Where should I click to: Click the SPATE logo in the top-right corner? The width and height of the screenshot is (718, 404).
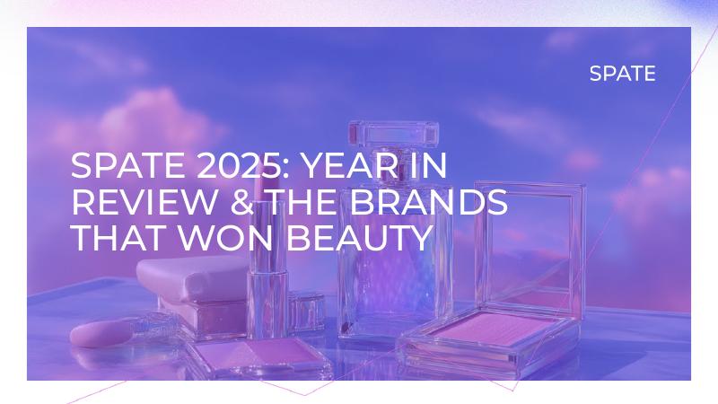click(622, 74)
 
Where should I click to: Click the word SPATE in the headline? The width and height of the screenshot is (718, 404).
click(116, 168)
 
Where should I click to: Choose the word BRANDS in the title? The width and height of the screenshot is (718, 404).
click(429, 203)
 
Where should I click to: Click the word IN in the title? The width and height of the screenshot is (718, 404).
click(427, 168)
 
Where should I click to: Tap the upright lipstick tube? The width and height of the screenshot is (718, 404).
click(266, 269)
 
